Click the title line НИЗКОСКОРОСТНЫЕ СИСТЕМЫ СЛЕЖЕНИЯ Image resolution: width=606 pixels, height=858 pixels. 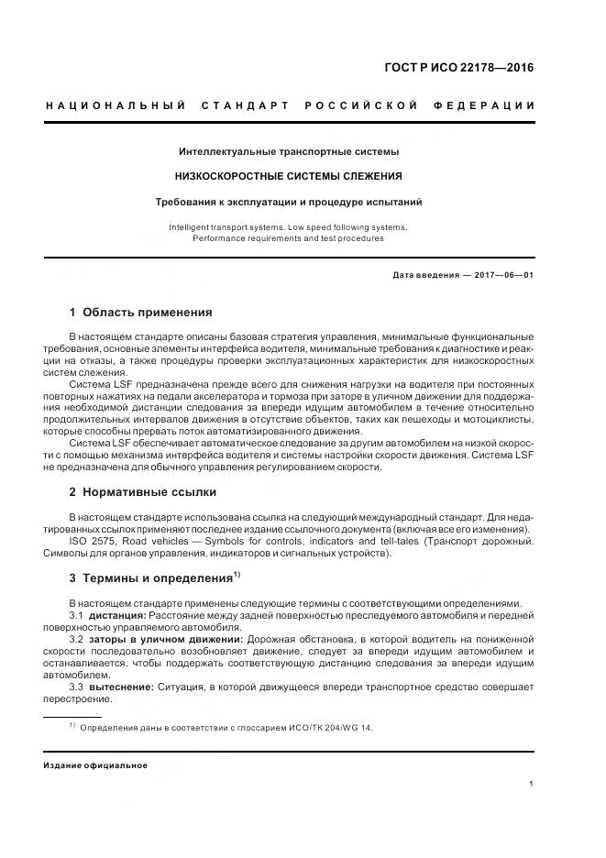click(x=289, y=176)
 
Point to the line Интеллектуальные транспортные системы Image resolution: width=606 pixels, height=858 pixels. click(x=289, y=150)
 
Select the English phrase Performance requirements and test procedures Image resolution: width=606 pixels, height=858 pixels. click(x=288, y=238)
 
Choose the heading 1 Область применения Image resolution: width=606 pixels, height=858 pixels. click(x=140, y=312)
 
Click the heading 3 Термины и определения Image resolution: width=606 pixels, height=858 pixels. click(x=150, y=578)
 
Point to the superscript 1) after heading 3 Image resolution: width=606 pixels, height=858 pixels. click(x=237, y=575)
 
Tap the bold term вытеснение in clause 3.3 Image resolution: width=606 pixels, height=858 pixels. click(x=120, y=687)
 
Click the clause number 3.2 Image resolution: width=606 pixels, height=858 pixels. click(x=77, y=639)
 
